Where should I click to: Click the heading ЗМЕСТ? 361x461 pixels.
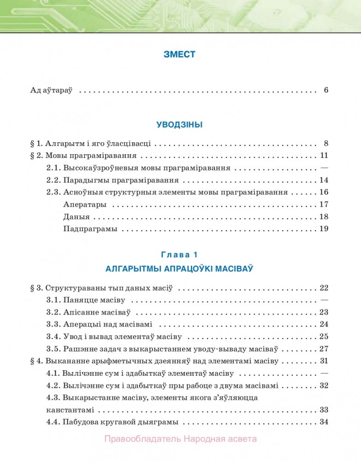tap(179, 54)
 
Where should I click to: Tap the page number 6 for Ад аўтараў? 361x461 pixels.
tap(325, 90)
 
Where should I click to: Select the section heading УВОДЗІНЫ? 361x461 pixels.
tap(179, 124)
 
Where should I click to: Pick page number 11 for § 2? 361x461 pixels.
tap(324, 155)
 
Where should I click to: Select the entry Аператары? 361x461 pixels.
tap(85, 204)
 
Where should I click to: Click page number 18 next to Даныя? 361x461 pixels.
tap(324, 216)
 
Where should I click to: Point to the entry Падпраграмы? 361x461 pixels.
tap(90, 228)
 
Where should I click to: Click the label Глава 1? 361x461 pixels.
tap(179, 254)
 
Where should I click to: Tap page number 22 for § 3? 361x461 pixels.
tap(324, 288)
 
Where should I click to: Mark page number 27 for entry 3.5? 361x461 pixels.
tap(324, 349)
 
